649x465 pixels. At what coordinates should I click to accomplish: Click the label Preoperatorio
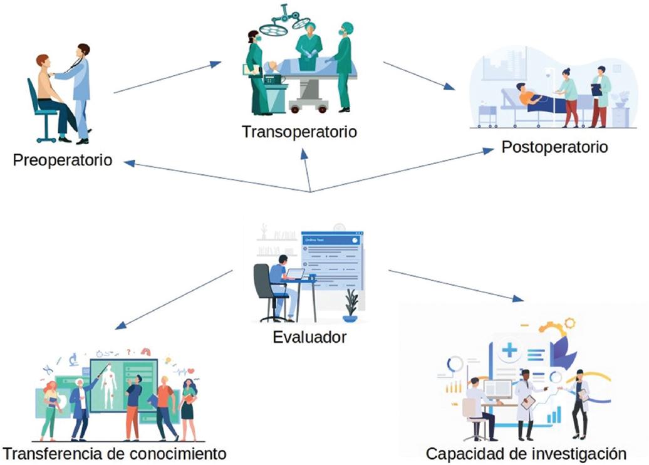[x=62, y=160]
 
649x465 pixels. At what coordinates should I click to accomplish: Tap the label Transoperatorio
[x=299, y=132]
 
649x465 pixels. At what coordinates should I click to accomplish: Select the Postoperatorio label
[x=554, y=147]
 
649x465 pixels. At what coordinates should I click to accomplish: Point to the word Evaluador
[x=309, y=337]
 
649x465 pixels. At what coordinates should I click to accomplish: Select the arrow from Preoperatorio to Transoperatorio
[x=167, y=77]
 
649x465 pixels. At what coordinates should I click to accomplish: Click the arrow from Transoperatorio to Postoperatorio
[x=418, y=75]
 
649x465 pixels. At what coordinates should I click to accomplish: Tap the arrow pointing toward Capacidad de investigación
[x=455, y=285]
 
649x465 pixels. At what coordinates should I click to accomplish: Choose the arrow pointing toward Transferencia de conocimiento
[x=174, y=300]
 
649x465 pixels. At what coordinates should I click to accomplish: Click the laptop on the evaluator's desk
[x=294, y=273]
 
